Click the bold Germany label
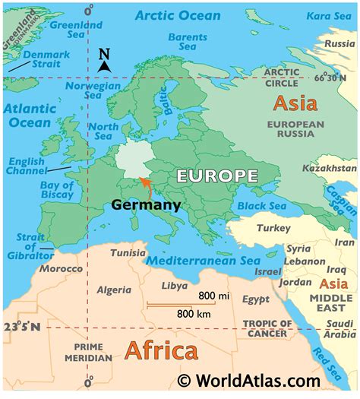[x=146, y=204]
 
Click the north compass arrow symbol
[x=105, y=61]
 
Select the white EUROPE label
[x=216, y=176]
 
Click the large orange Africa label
[x=160, y=350]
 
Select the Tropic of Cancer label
[x=266, y=328]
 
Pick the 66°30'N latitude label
[x=335, y=78]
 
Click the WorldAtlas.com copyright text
[x=258, y=380]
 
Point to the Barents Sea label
[x=187, y=42]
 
